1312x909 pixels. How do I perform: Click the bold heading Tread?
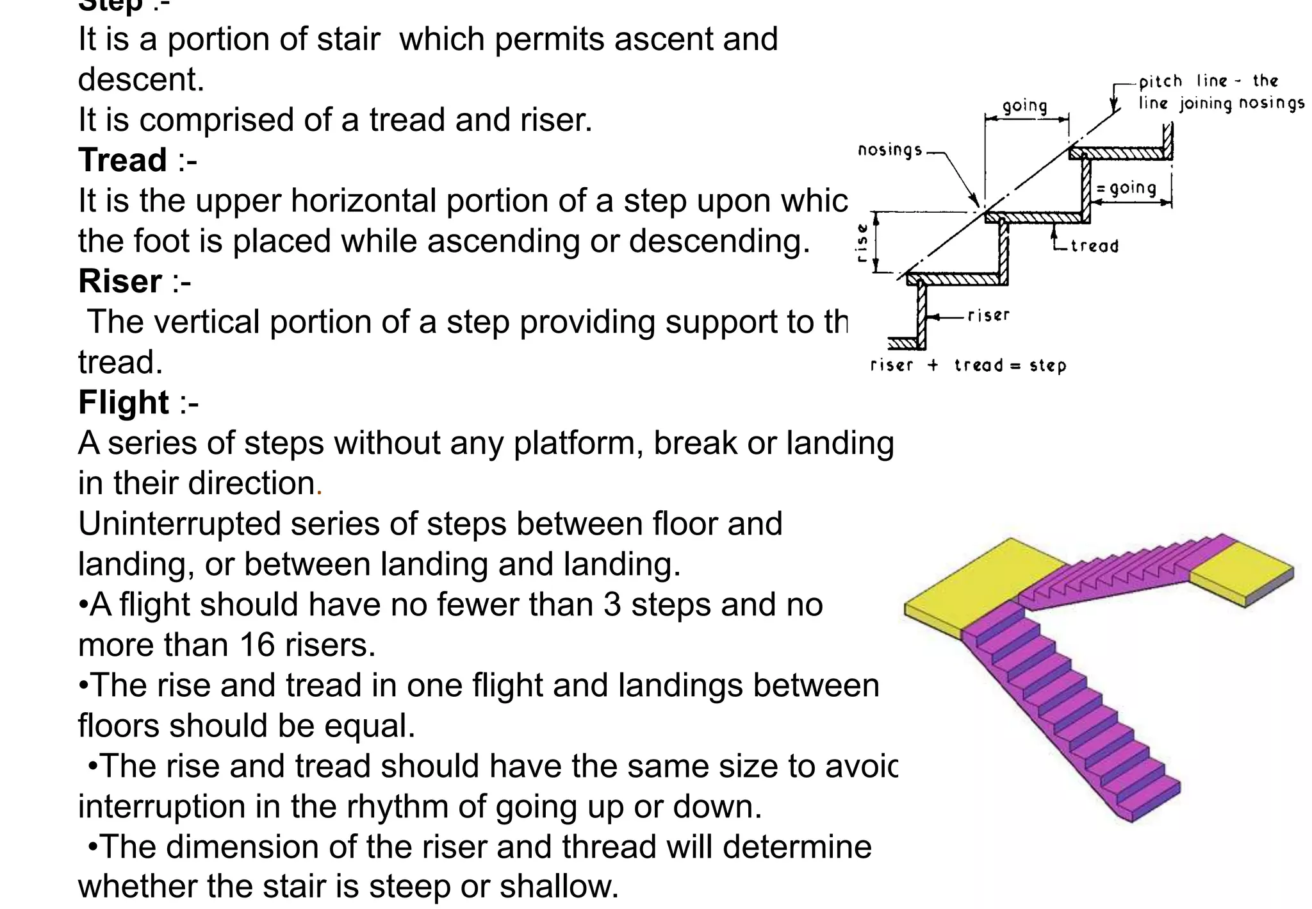pos(122,160)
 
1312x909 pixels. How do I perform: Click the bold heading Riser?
pos(120,281)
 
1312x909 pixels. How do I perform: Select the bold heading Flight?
pos(124,403)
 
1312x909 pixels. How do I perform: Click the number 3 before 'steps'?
pos(612,605)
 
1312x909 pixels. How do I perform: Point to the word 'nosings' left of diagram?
pos(890,150)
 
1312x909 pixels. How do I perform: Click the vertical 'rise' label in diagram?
pos(863,242)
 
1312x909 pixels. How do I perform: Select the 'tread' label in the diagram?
pos(1094,246)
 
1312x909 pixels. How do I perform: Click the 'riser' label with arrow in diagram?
pos(988,315)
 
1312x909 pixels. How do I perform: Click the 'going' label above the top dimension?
pos(1025,106)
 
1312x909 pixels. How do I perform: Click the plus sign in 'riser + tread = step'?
pos(933,365)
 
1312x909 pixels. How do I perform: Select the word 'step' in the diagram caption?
pos(1047,366)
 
